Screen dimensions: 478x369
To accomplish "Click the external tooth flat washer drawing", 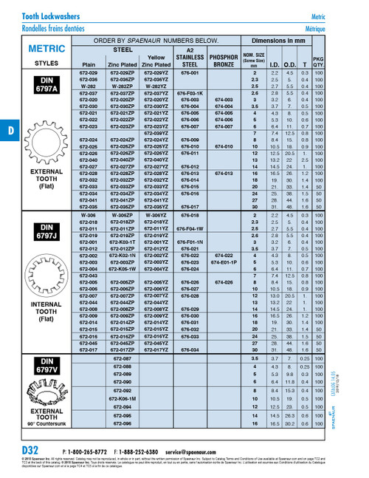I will click(x=46, y=140).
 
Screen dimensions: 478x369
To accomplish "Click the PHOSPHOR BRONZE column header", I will click(x=223, y=60).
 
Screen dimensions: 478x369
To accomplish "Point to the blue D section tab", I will click(x=10, y=131).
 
